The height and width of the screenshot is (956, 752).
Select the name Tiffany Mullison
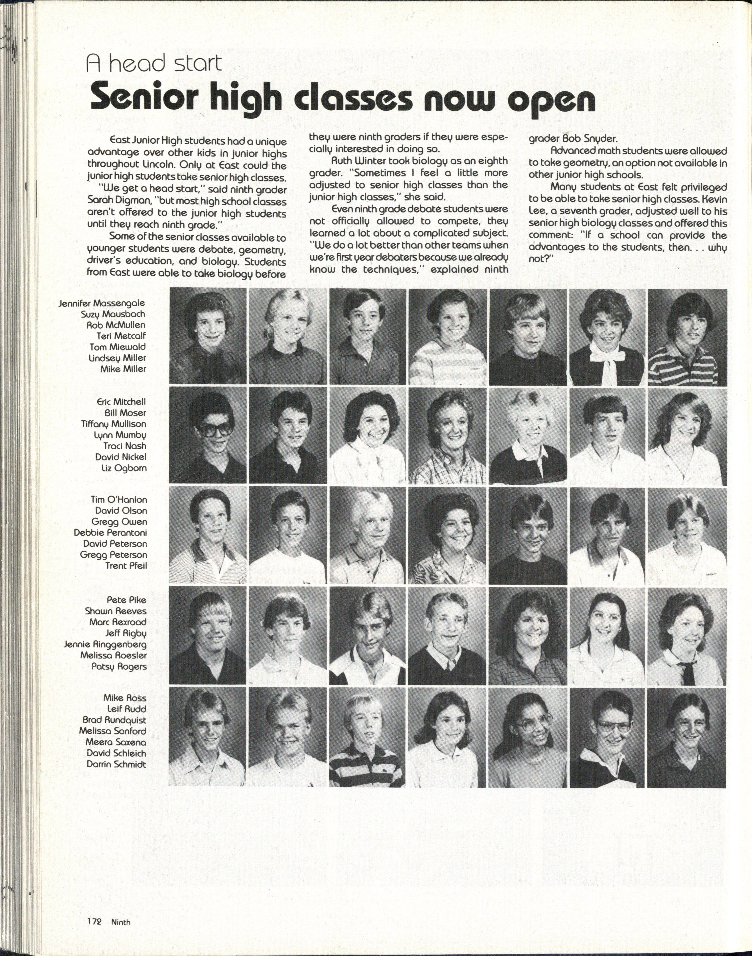pos(114,424)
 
